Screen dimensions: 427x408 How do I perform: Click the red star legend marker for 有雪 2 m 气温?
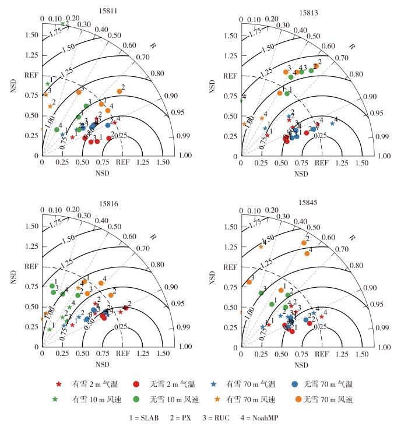coord(58,384)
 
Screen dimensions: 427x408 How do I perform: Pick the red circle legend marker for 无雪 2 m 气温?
coord(135,384)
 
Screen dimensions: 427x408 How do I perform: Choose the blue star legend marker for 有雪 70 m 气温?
coord(213,384)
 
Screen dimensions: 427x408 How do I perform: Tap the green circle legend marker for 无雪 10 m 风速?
coord(135,400)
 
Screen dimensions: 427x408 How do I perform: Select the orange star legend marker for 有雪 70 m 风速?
coord(213,400)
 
